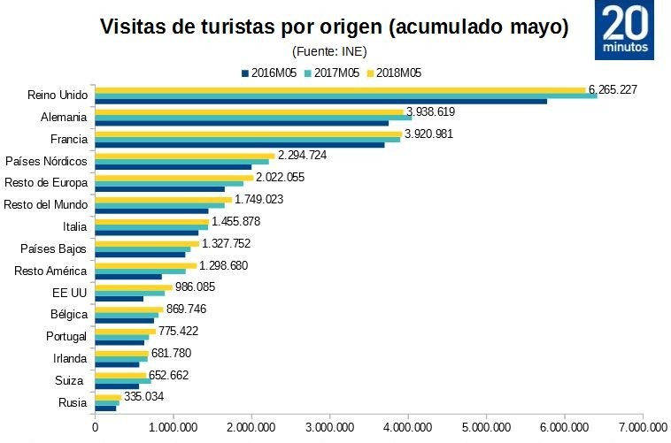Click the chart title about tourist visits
[334, 27]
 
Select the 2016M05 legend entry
[272, 73]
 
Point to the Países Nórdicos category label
[46, 161]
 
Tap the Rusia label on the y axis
[73, 402]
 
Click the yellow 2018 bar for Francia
[248, 134]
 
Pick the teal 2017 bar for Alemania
[253, 117]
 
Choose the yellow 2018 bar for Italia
[151, 221]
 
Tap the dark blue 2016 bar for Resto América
[128, 277]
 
